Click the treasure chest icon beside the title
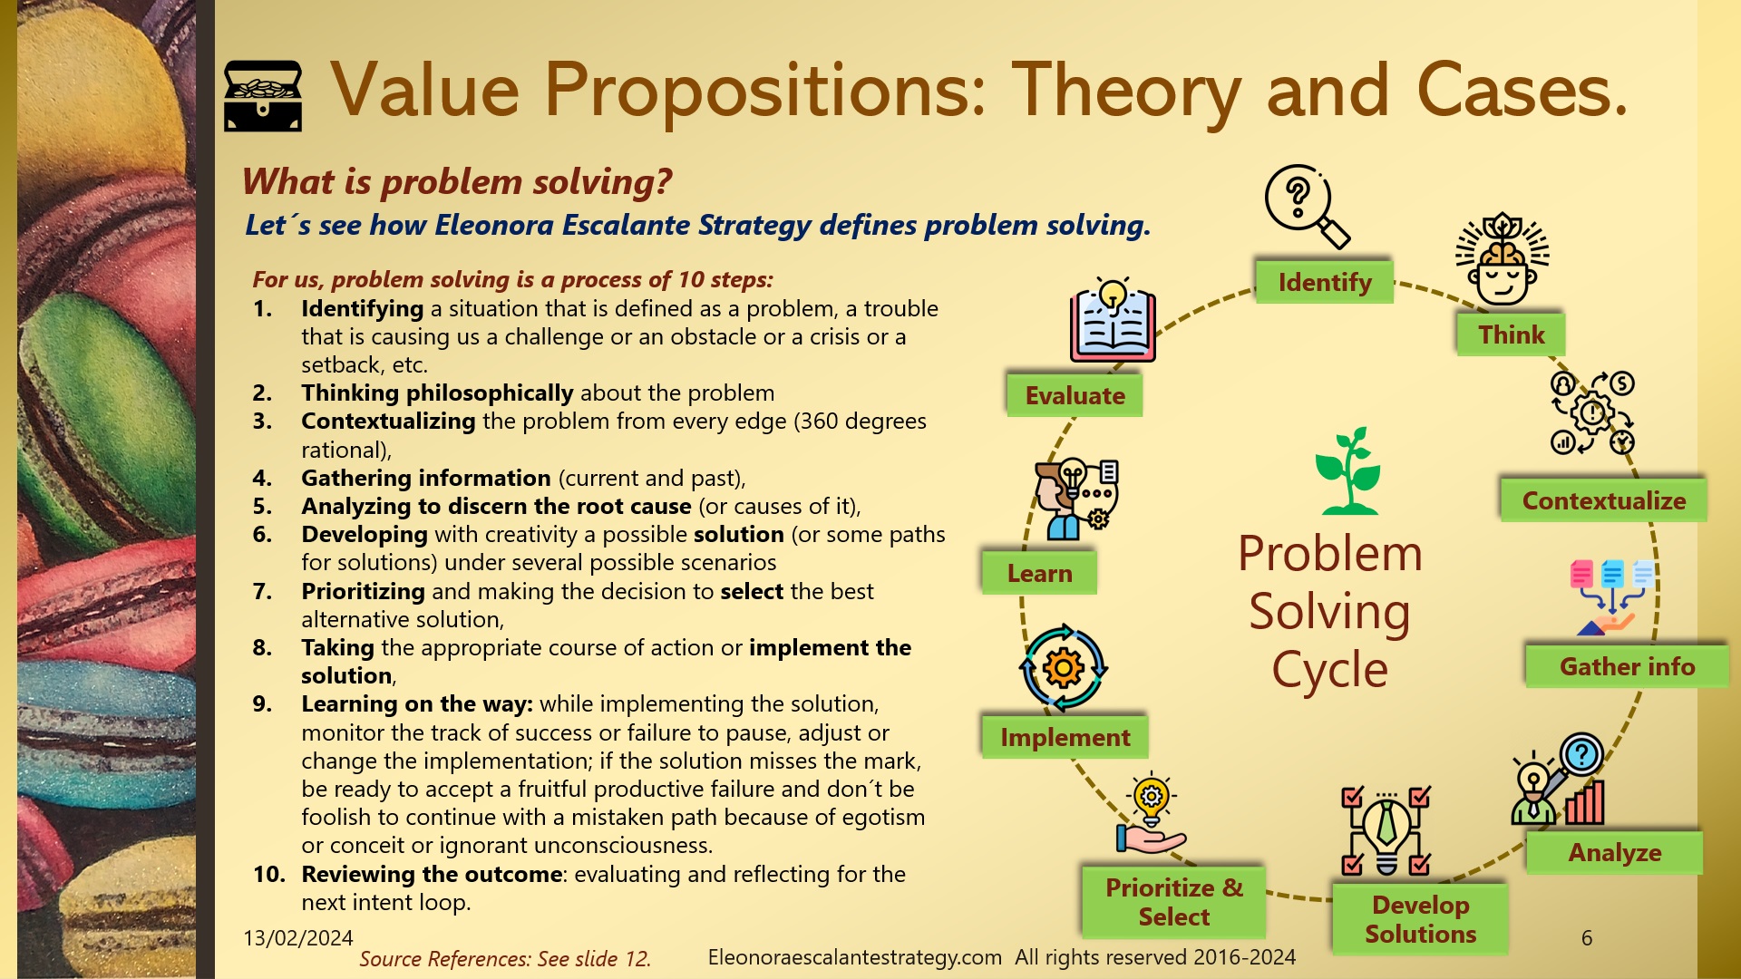click(262, 96)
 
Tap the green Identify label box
click(1324, 282)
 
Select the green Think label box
click(1511, 334)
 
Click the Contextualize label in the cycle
click(1603, 500)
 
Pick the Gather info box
click(1627, 666)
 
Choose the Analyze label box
click(1614, 852)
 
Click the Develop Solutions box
click(1420, 919)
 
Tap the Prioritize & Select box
click(1173, 902)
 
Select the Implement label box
click(1065, 737)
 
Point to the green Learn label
click(1039, 573)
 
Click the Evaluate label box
click(1075, 395)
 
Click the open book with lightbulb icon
click(1113, 322)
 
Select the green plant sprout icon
click(1348, 471)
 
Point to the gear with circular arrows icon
click(1064, 668)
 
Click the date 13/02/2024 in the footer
click(297, 937)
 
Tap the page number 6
click(1586, 938)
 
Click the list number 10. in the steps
click(268, 874)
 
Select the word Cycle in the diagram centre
click(1329, 670)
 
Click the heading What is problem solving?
click(457, 181)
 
